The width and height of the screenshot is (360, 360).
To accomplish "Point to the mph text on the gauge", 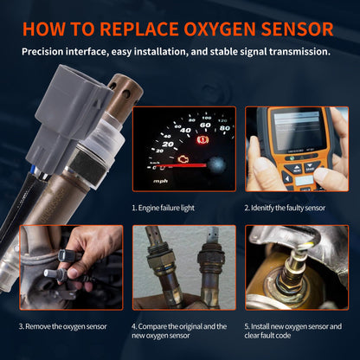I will coord(161,182).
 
